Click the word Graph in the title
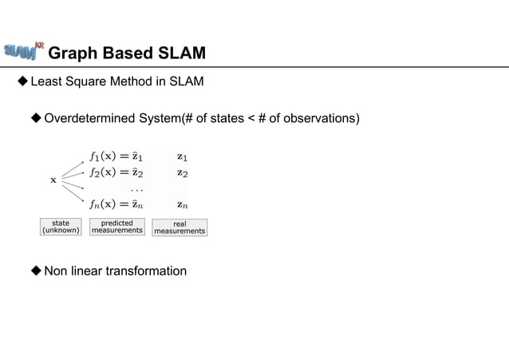(74, 53)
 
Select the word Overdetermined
(89, 119)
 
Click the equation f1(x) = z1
(116, 157)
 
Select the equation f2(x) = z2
(116, 172)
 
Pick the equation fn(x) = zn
(116, 204)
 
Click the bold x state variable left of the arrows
(53, 180)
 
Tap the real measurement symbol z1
(183, 157)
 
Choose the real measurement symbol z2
(183, 172)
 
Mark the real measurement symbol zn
(183, 204)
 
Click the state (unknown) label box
(61, 227)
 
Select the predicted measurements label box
(117, 227)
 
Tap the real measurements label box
(180, 227)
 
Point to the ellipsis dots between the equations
(137, 189)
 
